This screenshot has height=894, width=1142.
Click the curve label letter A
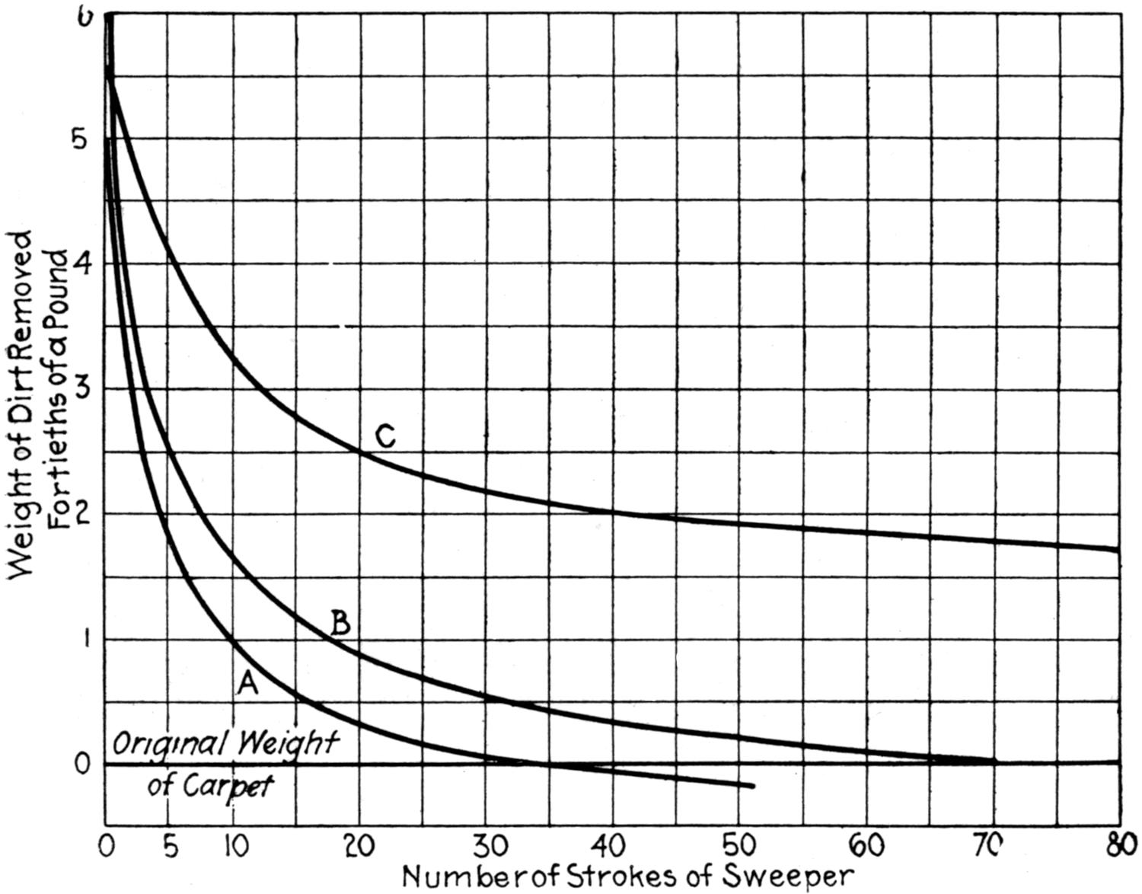pos(248,685)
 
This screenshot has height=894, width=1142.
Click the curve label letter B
pos(340,624)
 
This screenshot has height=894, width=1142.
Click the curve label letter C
pos(386,437)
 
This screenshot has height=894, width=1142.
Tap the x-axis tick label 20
pos(360,845)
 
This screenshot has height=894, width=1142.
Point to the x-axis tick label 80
pos(1121,845)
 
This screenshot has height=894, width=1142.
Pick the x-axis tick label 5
pos(171,845)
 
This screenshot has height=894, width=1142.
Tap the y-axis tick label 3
pos(85,389)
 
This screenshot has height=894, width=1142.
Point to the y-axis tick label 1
pos(86,639)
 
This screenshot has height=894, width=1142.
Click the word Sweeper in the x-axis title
pos(787,876)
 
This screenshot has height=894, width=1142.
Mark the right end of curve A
pos(753,786)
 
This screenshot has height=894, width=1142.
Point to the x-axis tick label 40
pos(613,845)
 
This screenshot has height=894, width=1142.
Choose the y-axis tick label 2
pos(85,514)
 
